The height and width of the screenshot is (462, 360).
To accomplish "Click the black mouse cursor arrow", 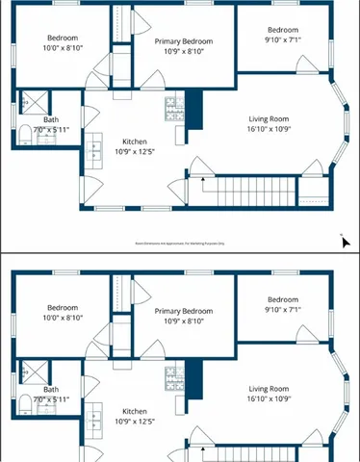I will coord(345,240).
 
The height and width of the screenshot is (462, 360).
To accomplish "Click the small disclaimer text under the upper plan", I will coord(180,244).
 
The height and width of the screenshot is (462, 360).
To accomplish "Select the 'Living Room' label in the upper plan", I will coord(269,117).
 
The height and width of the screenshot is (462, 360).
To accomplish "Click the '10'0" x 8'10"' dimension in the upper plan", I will coord(63,48).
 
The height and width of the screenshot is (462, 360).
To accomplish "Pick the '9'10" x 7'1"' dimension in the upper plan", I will coord(284,40).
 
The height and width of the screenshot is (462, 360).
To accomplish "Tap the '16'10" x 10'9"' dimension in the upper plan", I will coord(269,129).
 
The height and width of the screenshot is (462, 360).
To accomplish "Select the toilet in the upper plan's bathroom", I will coord(26,132).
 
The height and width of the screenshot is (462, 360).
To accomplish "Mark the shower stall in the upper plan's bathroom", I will coord(33,100).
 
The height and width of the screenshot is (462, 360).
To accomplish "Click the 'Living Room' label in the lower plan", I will coord(269,387).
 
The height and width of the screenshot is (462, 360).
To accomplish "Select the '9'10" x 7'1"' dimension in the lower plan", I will coord(284,310).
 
